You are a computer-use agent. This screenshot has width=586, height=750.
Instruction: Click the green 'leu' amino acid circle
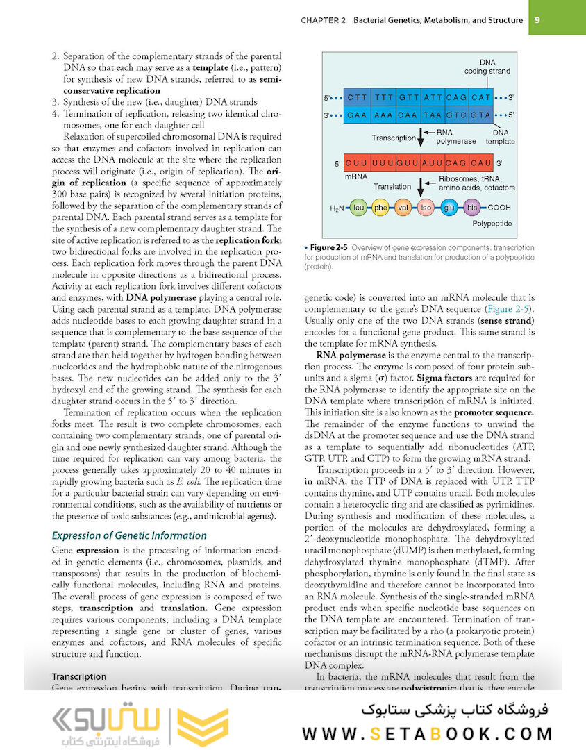(359, 207)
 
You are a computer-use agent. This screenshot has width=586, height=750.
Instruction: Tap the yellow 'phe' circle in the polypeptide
(380, 207)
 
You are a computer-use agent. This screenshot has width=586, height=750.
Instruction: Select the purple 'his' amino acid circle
(472, 207)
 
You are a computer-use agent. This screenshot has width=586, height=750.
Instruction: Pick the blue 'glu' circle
(449, 207)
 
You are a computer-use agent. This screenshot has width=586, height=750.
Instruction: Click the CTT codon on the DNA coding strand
(358, 98)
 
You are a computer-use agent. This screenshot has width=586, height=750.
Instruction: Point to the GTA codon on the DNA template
(480, 115)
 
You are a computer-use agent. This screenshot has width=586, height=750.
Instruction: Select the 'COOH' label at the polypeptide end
(499, 208)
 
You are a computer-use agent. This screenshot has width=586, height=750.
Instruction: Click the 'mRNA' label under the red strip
(355, 178)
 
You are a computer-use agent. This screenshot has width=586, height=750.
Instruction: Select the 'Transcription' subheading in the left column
(79, 676)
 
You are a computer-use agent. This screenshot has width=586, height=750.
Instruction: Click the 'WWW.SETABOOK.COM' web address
(428, 733)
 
